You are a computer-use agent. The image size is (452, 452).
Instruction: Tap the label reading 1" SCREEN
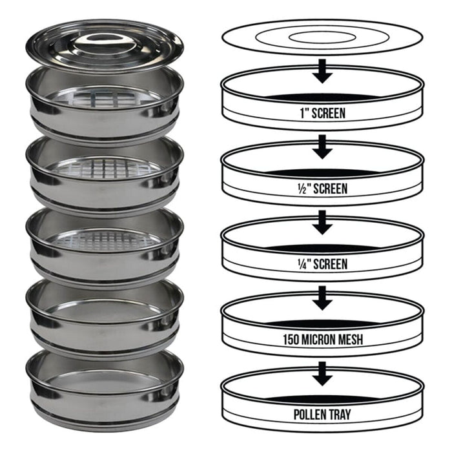(x=323, y=113)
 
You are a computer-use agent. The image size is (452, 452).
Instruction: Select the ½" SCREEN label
(x=323, y=189)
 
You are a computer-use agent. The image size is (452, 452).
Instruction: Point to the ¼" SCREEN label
(x=323, y=263)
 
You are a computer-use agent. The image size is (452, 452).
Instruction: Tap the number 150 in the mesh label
(x=291, y=339)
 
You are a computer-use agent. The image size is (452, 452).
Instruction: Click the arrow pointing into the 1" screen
(x=323, y=72)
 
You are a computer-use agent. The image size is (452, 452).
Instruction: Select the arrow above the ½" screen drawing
(x=323, y=147)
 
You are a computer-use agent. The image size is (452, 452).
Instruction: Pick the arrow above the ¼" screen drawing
(x=323, y=223)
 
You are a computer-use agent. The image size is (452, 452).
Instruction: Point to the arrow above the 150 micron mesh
(x=323, y=298)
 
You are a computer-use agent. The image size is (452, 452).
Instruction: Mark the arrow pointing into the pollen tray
(x=323, y=374)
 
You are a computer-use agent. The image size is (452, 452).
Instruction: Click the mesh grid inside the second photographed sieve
(x=104, y=168)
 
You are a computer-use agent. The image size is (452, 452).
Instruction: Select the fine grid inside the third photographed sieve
(x=104, y=240)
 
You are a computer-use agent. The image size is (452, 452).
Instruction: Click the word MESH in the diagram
(x=353, y=339)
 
